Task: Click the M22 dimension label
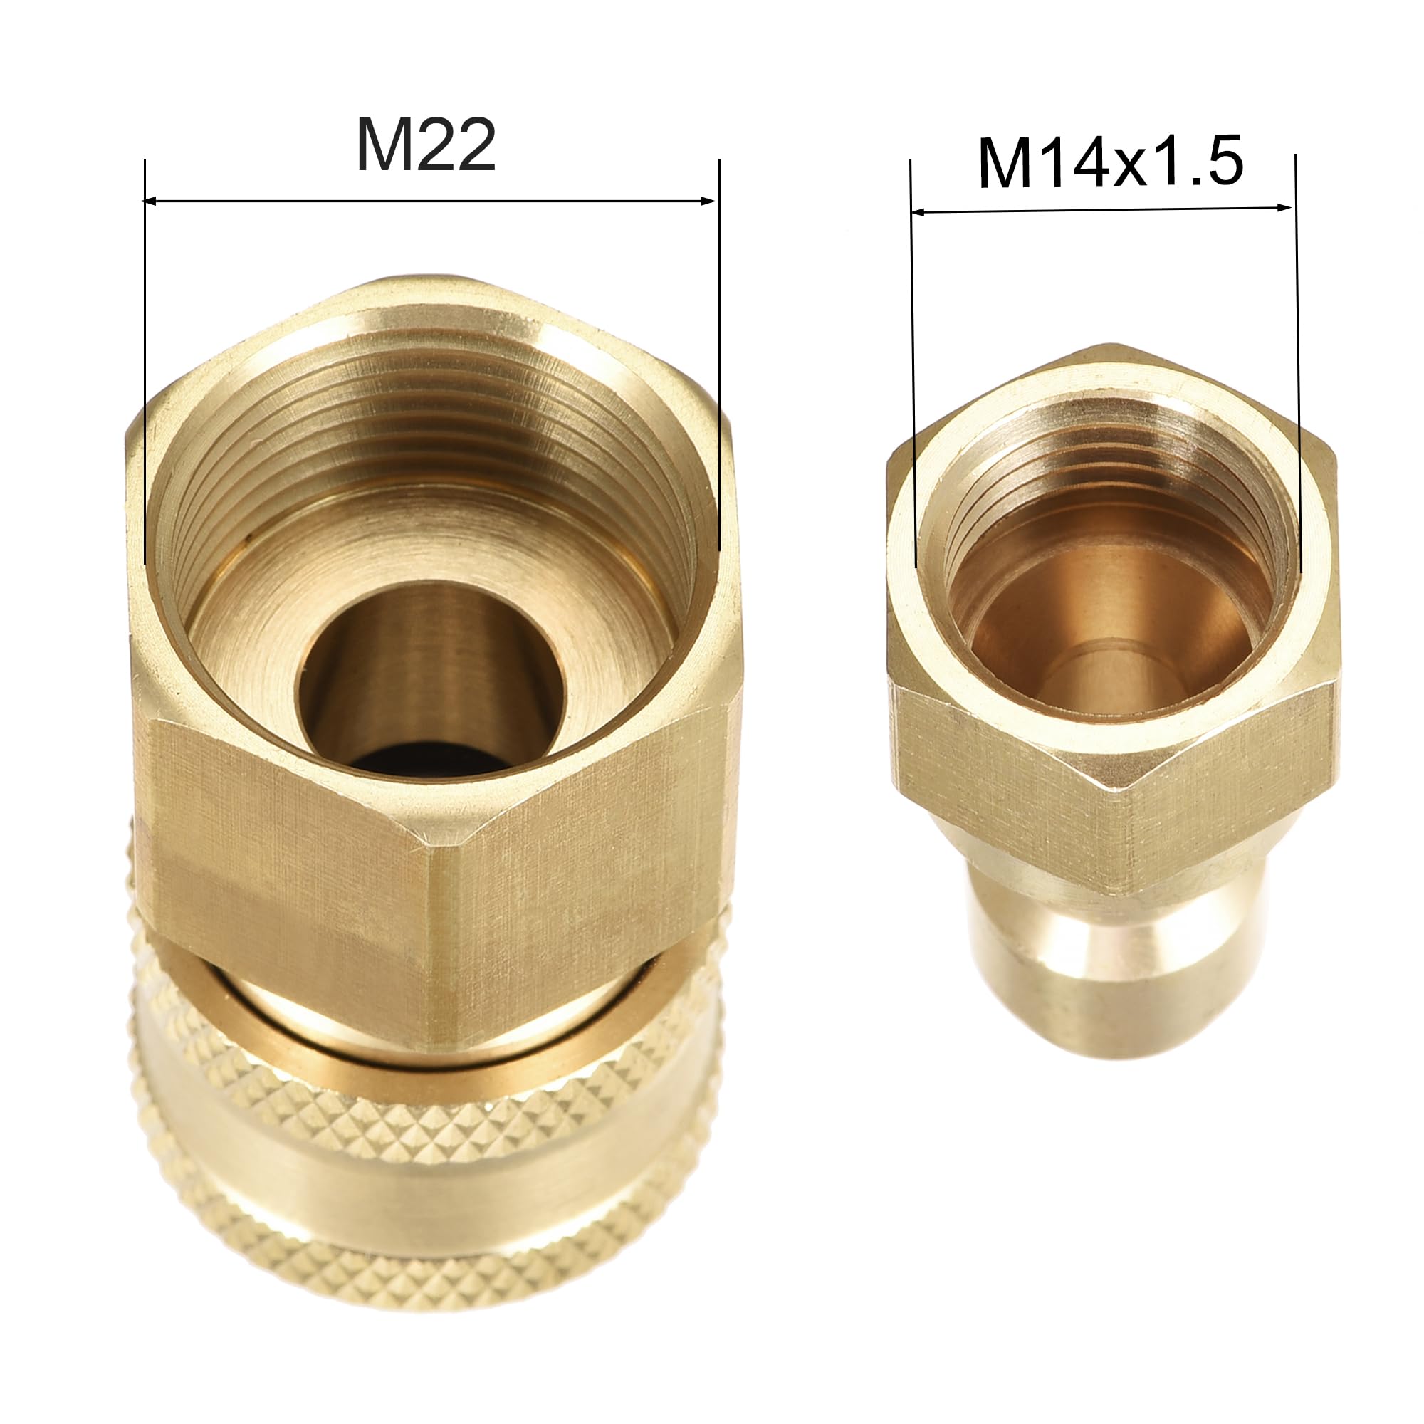(x=425, y=145)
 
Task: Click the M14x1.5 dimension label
(x=1111, y=163)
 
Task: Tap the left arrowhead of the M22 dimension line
(x=150, y=201)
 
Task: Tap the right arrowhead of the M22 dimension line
(x=710, y=201)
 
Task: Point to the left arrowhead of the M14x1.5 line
(x=918, y=212)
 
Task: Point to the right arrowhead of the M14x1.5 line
(x=1284, y=208)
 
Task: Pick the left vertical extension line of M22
(x=145, y=361)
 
